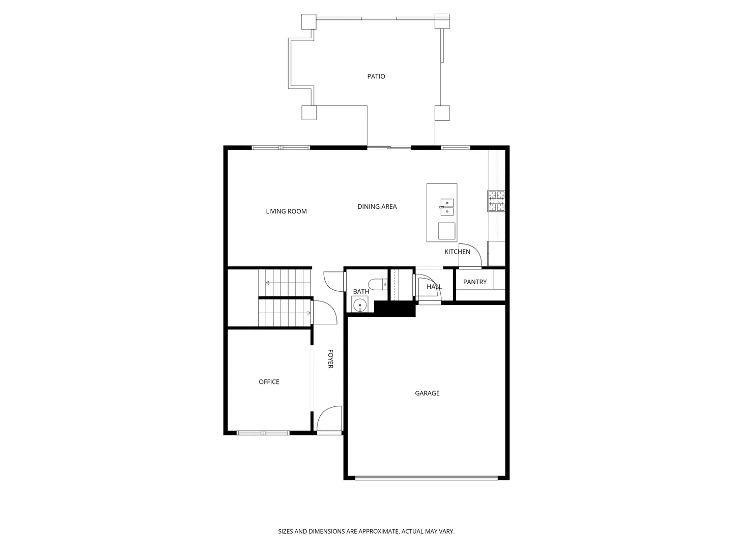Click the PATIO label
pyautogui.click(x=376, y=76)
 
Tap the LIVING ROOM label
pyautogui.click(x=286, y=211)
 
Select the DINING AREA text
pyautogui.click(x=377, y=206)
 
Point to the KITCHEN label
pyautogui.click(x=457, y=252)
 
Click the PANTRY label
pyautogui.click(x=474, y=282)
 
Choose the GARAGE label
pyautogui.click(x=427, y=393)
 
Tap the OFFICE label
pyautogui.click(x=269, y=382)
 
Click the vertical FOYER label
pyautogui.click(x=330, y=359)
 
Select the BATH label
pyautogui.click(x=361, y=291)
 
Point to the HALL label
pyautogui.click(x=434, y=287)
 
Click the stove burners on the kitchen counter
pyautogui.click(x=496, y=201)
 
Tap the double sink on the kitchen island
pyautogui.click(x=446, y=206)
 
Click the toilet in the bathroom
pyautogui.click(x=378, y=284)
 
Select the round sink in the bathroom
pyautogui.click(x=360, y=305)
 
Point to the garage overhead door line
pyautogui.click(x=427, y=478)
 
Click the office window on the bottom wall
pyautogui.click(x=263, y=433)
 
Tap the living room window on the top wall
pyautogui.click(x=281, y=148)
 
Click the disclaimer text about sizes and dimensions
pyautogui.click(x=366, y=531)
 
